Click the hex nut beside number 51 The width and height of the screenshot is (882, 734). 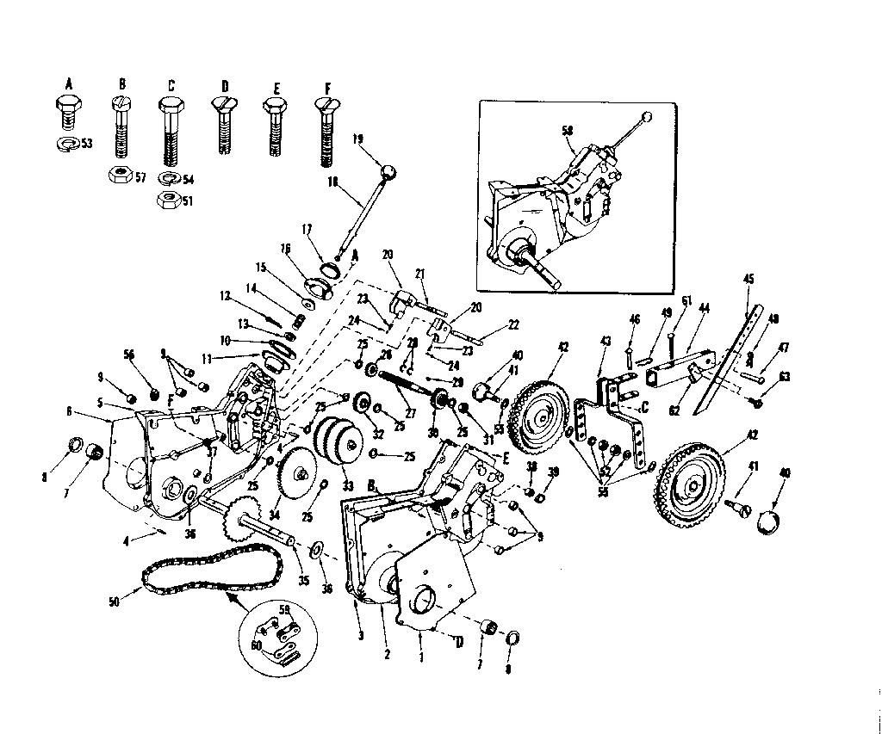tap(168, 200)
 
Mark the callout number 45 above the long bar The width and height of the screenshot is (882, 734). tap(748, 278)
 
